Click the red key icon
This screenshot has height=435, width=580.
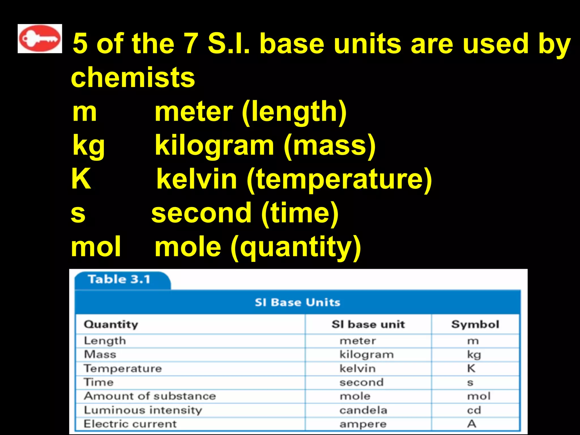click(40, 39)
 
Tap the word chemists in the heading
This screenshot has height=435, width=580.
click(133, 77)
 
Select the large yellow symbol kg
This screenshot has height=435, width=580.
click(89, 146)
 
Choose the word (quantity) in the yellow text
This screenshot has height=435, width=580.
click(296, 248)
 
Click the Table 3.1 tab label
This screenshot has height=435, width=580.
click(119, 280)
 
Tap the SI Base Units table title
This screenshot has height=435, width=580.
click(297, 302)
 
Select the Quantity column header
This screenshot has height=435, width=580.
click(111, 324)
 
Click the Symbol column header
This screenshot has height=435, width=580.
click(475, 324)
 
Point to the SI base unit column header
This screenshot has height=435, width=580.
click(368, 324)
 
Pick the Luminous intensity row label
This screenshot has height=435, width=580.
click(143, 410)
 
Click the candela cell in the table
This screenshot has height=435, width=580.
click(363, 410)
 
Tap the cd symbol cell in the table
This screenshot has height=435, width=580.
click(474, 410)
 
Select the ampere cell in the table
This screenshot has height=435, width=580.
click(363, 424)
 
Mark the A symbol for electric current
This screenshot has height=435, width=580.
click(472, 424)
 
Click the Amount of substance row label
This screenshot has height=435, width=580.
click(150, 396)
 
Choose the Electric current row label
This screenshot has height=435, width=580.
click(130, 424)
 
